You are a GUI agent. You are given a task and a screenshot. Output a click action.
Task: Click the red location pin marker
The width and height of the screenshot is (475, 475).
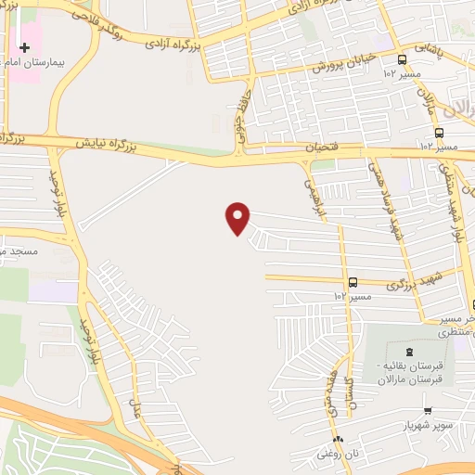(x=238, y=217)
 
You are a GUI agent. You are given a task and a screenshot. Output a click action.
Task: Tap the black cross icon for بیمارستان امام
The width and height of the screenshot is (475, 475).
(x=25, y=46)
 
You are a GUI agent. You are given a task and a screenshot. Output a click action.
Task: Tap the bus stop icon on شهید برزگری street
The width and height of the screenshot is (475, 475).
(x=353, y=282)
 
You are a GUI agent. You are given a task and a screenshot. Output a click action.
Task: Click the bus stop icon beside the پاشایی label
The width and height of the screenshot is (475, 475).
(x=401, y=59)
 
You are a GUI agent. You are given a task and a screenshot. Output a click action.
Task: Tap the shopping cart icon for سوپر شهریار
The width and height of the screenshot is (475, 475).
(x=427, y=411)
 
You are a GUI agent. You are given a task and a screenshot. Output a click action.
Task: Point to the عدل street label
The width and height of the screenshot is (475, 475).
(x=135, y=404)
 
